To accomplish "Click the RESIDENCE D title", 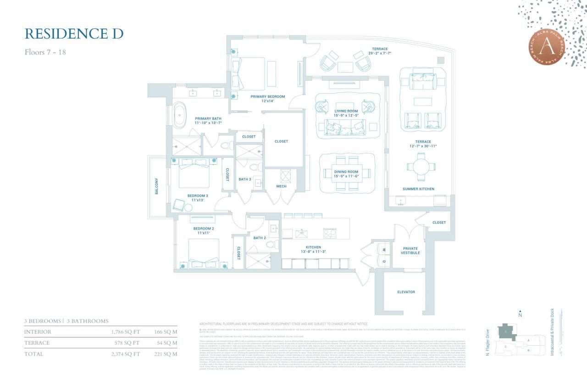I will (x=74, y=34).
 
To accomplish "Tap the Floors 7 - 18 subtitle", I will (x=45, y=52).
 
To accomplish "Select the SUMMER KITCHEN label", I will (x=418, y=189).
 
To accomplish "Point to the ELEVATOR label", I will (x=406, y=292).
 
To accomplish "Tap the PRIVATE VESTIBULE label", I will (x=410, y=250).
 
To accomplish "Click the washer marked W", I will (x=383, y=250).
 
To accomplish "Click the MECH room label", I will (x=281, y=186).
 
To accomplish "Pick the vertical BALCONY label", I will (x=156, y=186).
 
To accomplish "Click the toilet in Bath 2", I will (x=270, y=244).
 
